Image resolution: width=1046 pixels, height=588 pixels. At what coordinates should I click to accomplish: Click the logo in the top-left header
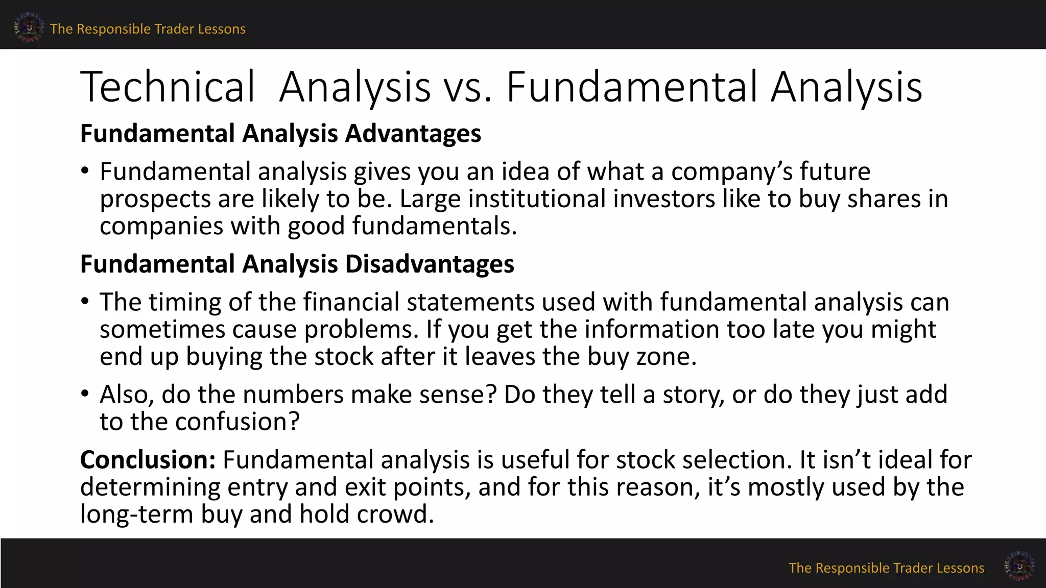(29, 27)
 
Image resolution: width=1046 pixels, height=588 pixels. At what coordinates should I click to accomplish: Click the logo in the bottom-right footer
(1019, 566)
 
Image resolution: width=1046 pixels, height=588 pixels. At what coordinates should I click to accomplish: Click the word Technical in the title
(168, 87)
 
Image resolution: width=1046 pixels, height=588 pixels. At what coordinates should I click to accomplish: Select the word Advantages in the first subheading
(413, 134)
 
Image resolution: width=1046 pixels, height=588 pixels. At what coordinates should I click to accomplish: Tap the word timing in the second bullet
(185, 302)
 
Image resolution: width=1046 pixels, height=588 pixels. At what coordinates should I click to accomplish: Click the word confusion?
(237, 422)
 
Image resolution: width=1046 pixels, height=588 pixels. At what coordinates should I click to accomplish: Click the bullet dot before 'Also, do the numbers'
(85, 394)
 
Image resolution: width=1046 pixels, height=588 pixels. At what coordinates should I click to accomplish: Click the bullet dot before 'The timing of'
(85, 302)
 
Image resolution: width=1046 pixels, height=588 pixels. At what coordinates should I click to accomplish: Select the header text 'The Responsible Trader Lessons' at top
(148, 29)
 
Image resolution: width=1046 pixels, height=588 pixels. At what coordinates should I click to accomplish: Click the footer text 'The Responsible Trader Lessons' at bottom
(886, 568)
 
